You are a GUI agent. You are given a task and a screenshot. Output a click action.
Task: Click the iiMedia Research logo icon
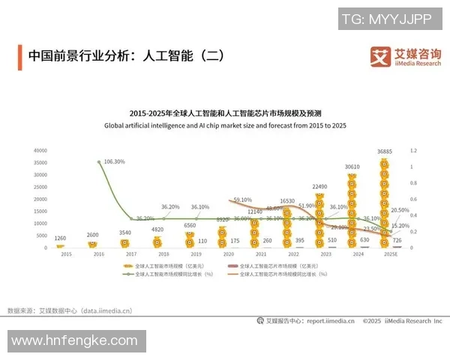coord(381,57)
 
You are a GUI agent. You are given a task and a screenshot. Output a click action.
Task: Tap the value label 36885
coord(385,151)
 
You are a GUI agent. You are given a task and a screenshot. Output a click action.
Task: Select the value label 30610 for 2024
coord(352,166)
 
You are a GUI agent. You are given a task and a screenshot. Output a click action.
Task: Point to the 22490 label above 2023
coord(319,187)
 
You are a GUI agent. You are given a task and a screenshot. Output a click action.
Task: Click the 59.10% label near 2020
coord(242,200)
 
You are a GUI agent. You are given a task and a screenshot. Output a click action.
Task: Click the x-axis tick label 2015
coord(66,254)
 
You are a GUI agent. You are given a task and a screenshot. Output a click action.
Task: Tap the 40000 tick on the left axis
coord(40,151)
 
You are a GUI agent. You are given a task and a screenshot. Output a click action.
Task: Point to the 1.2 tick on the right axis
coord(412,151)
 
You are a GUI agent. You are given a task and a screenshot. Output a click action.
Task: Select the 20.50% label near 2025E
coord(400,211)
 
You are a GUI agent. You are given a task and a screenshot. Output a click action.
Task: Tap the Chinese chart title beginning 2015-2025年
coord(225,113)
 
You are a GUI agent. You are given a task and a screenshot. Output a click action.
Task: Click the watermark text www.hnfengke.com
coord(74,340)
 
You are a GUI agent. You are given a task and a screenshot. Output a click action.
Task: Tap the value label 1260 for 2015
coord(60,238)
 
